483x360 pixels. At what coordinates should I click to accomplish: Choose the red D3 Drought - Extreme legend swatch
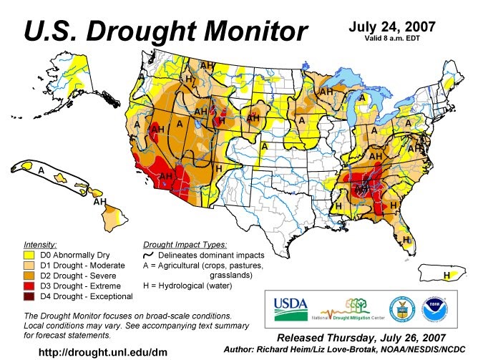[29, 284]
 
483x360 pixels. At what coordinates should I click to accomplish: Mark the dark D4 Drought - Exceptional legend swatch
[29, 295]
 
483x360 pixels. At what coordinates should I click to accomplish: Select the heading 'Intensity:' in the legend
[40, 243]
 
